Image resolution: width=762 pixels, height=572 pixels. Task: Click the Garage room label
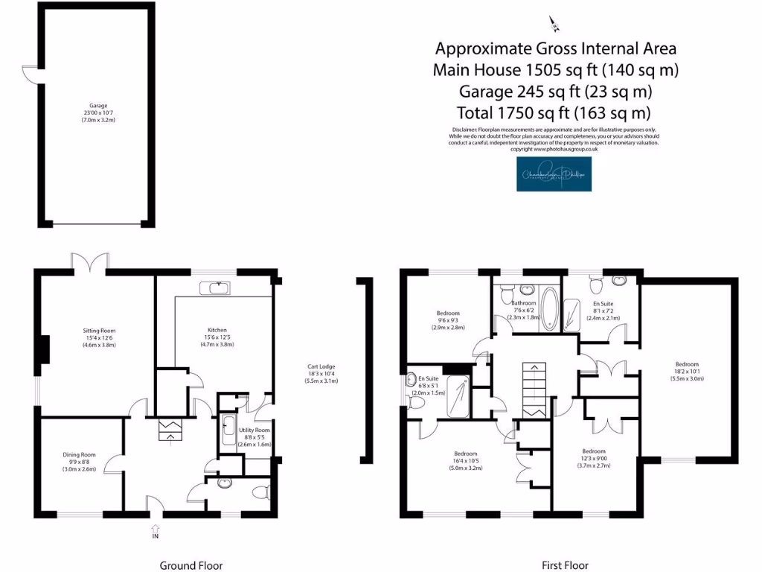[98, 112]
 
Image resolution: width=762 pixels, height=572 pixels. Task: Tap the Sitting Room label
[98, 337]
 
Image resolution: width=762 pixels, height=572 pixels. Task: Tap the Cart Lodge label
[321, 373]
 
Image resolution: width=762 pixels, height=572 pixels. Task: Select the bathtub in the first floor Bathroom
[550, 311]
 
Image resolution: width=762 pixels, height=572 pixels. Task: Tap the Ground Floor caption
[191, 565]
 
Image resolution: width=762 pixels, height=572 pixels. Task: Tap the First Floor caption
[565, 565]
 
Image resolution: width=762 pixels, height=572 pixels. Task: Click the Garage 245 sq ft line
[555, 92]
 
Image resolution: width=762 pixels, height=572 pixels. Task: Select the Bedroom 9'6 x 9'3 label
[448, 320]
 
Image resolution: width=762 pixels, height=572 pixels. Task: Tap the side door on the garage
[28, 73]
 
